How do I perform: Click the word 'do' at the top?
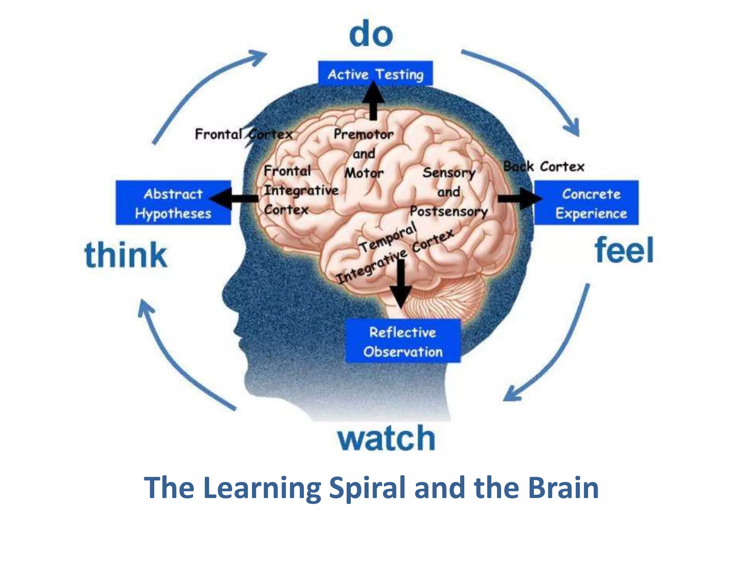pyautogui.click(x=371, y=34)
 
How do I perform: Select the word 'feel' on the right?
pyautogui.click(x=624, y=250)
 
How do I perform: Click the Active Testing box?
pyautogui.click(x=375, y=74)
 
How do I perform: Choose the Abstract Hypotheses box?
pyautogui.click(x=173, y=203)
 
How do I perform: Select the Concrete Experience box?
pyautogui.click(x=587, y=203)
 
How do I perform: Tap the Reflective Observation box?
pyautogui.click(x=403, y=341)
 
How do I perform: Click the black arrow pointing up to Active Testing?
pyautogui.click(x=373, y=101)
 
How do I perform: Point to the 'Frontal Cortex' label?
pyautogui.click(x=244, y=134)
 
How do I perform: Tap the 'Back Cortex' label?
pyautogui.click(x=544, y=166)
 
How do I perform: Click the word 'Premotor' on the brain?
pyautogui.click(x=363, y=134)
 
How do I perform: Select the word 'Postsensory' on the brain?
pyautogui.click(x=449, y=211)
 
